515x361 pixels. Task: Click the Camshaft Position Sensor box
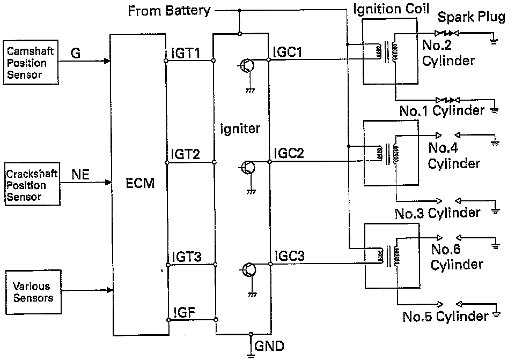click(x=31, y=62)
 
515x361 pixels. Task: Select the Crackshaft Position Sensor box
click(x=32, y=184)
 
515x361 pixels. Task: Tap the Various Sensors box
click(x=33, y=292)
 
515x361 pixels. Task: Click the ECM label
click(x=140, y=183)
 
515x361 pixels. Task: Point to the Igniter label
click(x=240, y=128)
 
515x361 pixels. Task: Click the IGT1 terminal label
click(x=186, y=53)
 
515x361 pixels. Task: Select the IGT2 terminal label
click(x=186, y=154)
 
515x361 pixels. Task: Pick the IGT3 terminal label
click(x=187, y=257)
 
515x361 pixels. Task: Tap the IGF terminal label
click(x=184, y=312)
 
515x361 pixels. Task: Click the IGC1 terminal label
click(x=288, y=52)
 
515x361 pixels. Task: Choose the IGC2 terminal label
click(x=289, y=153)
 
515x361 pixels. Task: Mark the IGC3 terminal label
click(x=289, y=255)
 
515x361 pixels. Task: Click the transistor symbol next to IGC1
click(x=247, y=65)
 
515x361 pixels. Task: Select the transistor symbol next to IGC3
click(x=248, y=270)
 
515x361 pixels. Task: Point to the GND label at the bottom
click(x=269, y=346)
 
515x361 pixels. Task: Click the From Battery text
click(x=169, y=11)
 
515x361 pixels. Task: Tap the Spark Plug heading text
click(x=472, y=17)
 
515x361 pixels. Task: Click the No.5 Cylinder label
click(x=446, y=317)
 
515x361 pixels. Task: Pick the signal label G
click(x=76, y=53)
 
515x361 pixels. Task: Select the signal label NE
click(x=80, y=175)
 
